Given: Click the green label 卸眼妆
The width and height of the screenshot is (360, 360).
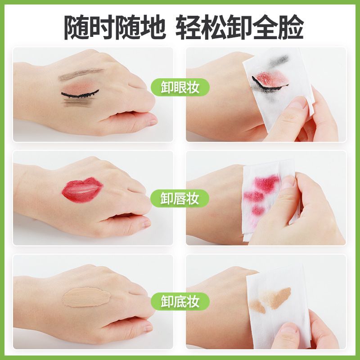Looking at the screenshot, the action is [x=180, y=87].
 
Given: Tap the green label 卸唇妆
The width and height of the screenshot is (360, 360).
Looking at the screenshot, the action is [x=180, y=198].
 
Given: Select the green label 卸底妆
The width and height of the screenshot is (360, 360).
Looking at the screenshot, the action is [x=180, y=301].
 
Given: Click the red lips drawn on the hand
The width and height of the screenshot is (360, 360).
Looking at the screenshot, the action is [x=83, y=190].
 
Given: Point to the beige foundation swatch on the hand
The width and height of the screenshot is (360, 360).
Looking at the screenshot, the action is [x=86, y=297].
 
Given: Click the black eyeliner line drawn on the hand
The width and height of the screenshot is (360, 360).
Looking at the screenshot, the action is [x=80, y=94].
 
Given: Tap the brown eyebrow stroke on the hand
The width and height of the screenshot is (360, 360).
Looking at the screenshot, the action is [x=81, y=74].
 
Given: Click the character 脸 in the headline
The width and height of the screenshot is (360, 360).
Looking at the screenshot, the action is [x=291, y=27].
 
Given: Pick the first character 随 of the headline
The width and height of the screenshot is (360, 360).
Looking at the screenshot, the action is [x=76, y=27].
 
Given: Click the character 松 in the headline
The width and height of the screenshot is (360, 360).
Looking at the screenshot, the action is [x=214, y=27].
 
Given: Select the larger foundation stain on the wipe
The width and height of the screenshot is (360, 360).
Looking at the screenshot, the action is [x=277, y=297].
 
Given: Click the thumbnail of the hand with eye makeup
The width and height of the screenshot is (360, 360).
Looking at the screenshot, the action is [x=93, y=94].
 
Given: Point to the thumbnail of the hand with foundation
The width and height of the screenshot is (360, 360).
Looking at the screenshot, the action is [x=93, y=301].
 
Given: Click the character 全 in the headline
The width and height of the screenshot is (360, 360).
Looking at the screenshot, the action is [x=265, y=27].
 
